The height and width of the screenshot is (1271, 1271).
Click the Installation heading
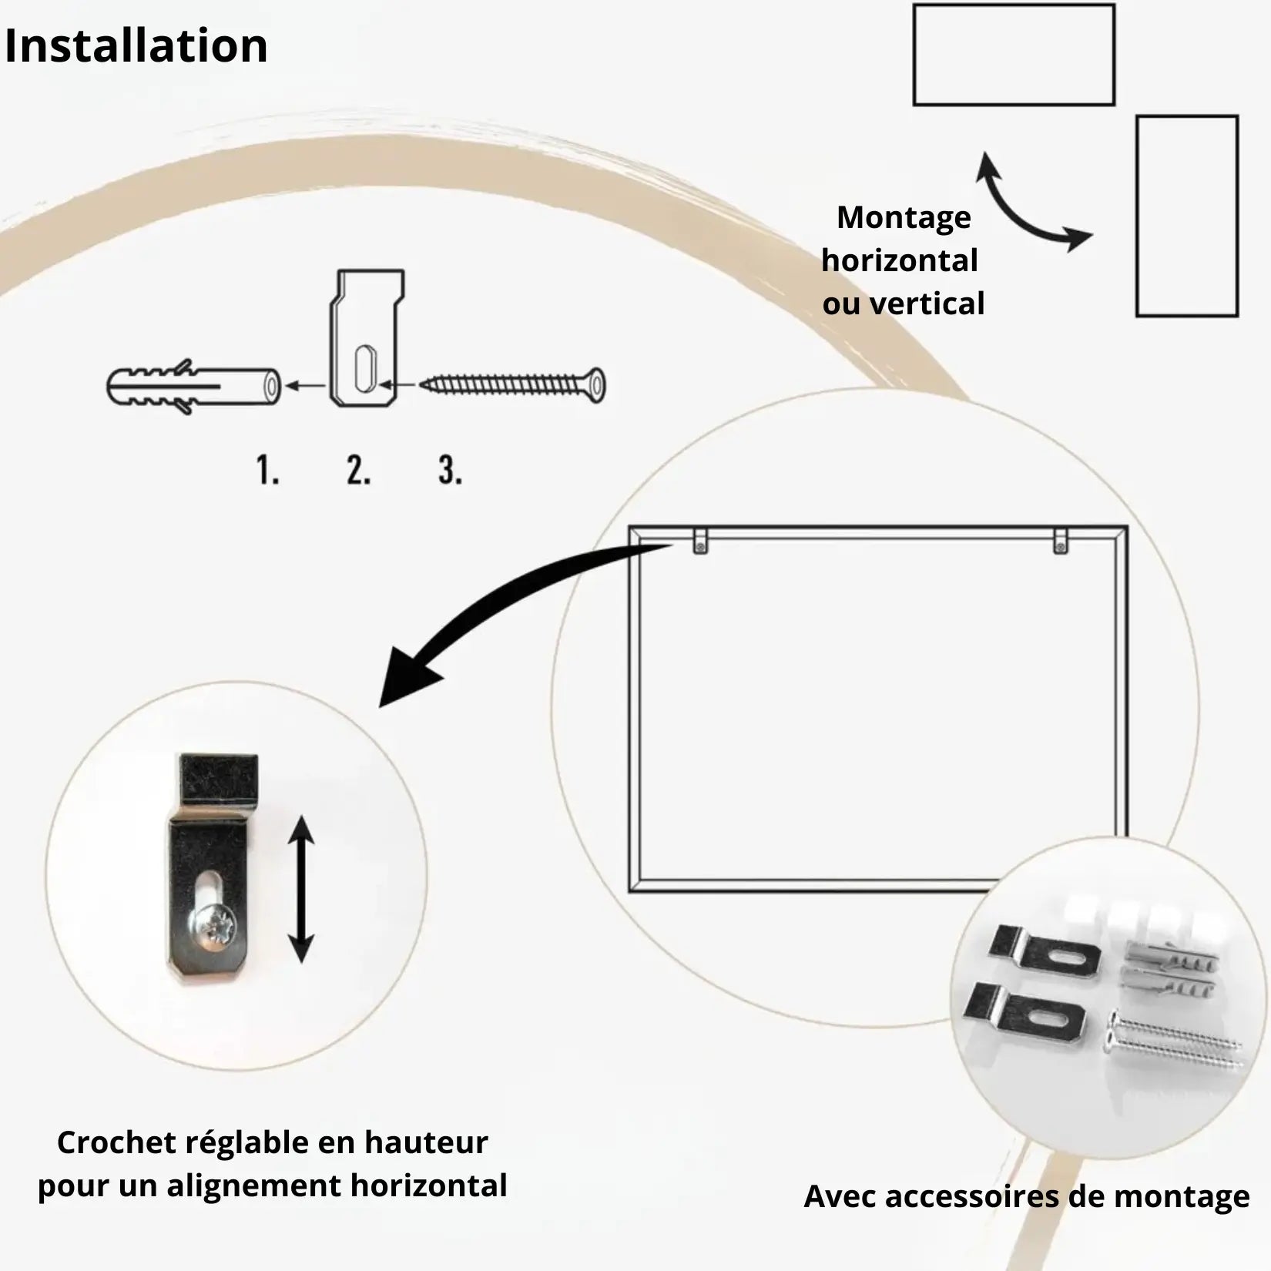click(136, 46)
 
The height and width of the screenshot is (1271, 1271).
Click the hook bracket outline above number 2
click(367, 339)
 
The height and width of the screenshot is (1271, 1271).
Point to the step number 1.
click(267, 470)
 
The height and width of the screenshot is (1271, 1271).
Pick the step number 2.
click(358, 470)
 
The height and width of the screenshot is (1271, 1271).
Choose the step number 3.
click(451, 470)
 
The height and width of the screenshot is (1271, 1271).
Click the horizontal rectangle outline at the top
click(1014, 55)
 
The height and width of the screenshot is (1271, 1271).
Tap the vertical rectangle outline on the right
click(1187, 216)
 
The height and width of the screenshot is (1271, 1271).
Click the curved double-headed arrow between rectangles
click(1028, 206)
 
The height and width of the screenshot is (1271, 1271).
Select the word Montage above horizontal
click(904, 218)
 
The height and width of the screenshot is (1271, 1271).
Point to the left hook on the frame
click(699, 541)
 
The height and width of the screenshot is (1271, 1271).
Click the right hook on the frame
click(1061, 541)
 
